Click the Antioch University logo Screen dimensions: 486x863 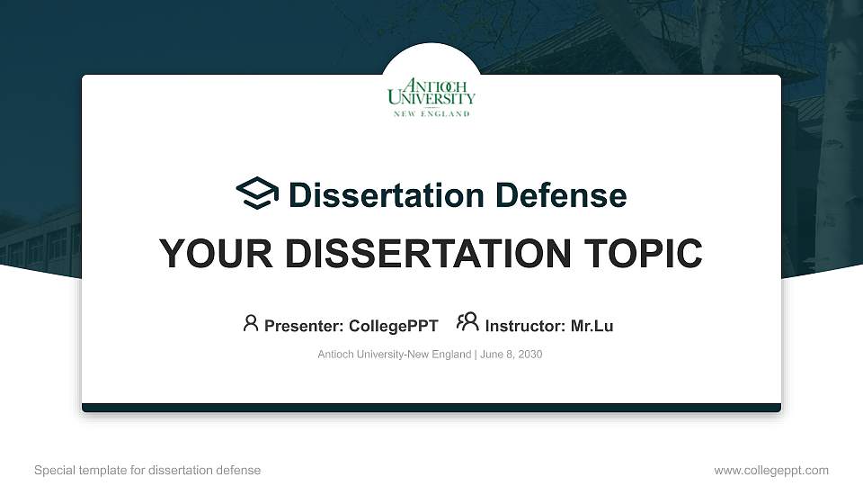(431, 94)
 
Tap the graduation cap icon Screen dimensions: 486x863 (258, 193)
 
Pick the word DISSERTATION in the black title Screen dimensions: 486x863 (423, 254)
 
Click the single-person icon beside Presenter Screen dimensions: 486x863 (251, 323)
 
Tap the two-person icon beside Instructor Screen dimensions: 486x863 (467, 323)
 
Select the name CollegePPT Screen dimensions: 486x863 (392, 326)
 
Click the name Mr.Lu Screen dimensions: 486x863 (592, 326)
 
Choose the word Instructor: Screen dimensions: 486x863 (525, 326)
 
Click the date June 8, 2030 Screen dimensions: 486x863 (512, 355)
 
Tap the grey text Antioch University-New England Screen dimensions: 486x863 (394, 355)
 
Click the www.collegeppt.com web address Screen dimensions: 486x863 (770, 470)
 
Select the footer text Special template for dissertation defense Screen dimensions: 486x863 (147, 470)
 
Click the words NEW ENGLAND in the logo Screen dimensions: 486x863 (431, 114)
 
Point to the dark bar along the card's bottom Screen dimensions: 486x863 (431, 408)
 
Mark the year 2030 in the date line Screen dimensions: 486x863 (529, 355)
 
